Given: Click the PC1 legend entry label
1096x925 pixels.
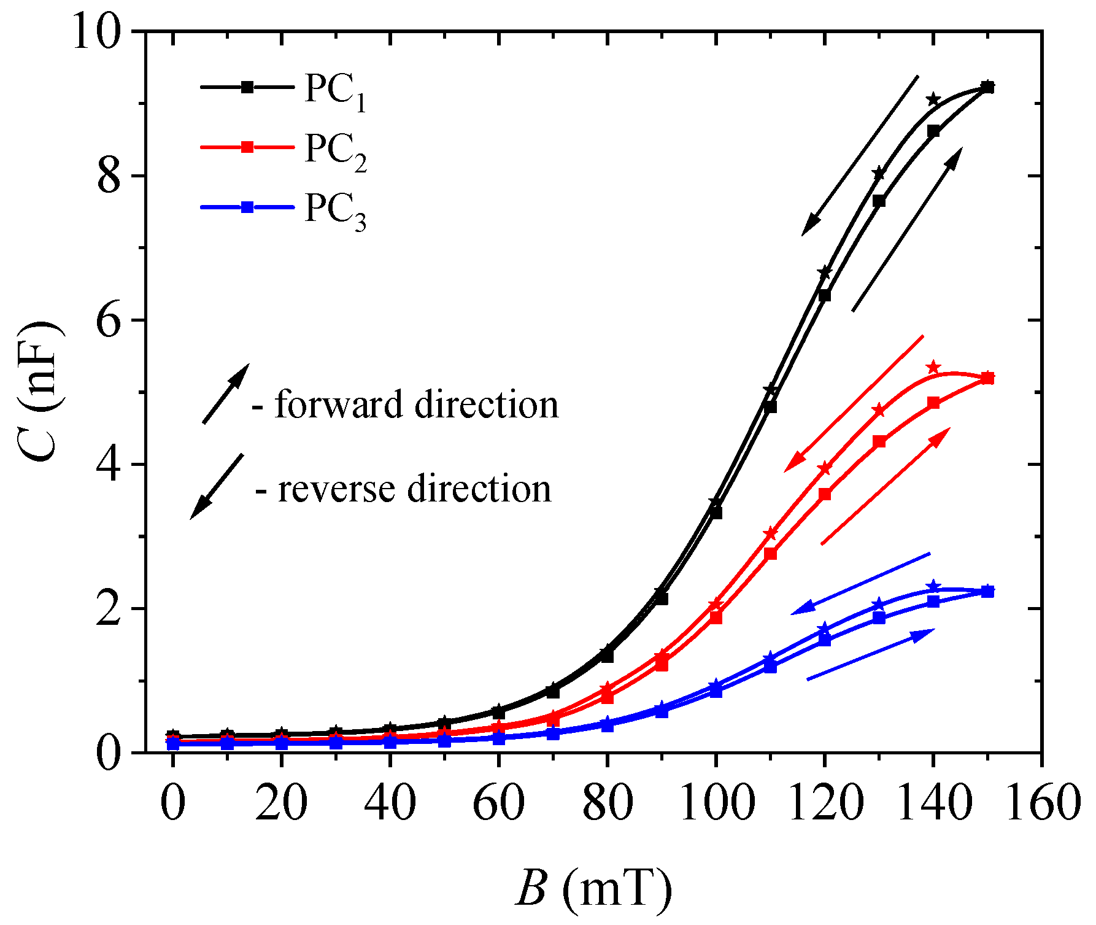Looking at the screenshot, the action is tap(336, 93).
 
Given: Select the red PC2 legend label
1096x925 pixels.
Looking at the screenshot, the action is tap(336, 152).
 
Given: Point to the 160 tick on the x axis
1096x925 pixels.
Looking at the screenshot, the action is tap(1041, 802).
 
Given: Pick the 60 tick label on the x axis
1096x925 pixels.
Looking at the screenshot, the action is tap(498, 802).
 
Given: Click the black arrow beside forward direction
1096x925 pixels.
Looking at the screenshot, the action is tap(226, 393).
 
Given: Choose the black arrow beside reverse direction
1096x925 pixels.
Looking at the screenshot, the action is tap(217, 487).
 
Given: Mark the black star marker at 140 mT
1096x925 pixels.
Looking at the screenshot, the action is tap(933, 99).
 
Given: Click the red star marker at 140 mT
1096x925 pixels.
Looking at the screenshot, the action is tap(933, 367).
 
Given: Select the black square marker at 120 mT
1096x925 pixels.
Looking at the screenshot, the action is tap(825, 295).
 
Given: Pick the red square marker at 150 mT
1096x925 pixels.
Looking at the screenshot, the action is tap(987, 377).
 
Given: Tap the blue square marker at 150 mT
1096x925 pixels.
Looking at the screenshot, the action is tap(987, 591).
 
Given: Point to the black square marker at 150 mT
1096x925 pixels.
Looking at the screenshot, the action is tap(987, 87).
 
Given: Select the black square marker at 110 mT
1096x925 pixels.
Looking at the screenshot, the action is tap(771, 406).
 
